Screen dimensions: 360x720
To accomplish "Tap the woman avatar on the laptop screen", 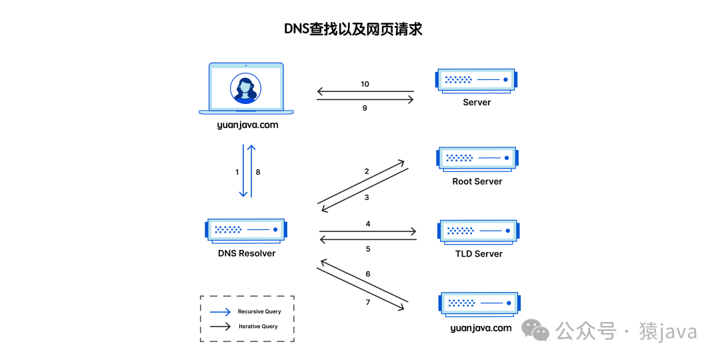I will tap(245, 89).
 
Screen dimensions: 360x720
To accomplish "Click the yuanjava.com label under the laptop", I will tap(247, 125).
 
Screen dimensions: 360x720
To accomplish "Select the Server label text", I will tap(477, 103).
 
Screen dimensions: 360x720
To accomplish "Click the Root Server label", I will tap(477, 181).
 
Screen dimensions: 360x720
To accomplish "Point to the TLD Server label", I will tap(479, 254).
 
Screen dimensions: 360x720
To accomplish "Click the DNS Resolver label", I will tap(247, 253).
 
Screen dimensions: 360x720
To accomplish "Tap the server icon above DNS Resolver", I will tap(246, 229).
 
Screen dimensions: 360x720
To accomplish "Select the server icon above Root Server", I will tap(477, 158).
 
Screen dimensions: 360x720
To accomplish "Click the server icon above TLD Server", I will tap(478, 231).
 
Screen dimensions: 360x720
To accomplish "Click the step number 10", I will tap(365, 85).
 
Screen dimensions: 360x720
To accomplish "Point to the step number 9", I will tap(365, 108).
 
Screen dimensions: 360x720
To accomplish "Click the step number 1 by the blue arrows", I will tap(237, 172).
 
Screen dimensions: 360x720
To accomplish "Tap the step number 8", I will tap(258, 172).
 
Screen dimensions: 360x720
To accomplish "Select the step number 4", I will tap(368, 224).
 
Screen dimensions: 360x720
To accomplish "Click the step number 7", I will tap(367, 303).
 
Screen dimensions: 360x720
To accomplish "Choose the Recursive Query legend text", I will tap(259, 311).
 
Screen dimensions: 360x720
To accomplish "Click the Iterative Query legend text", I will tap(258, 327).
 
